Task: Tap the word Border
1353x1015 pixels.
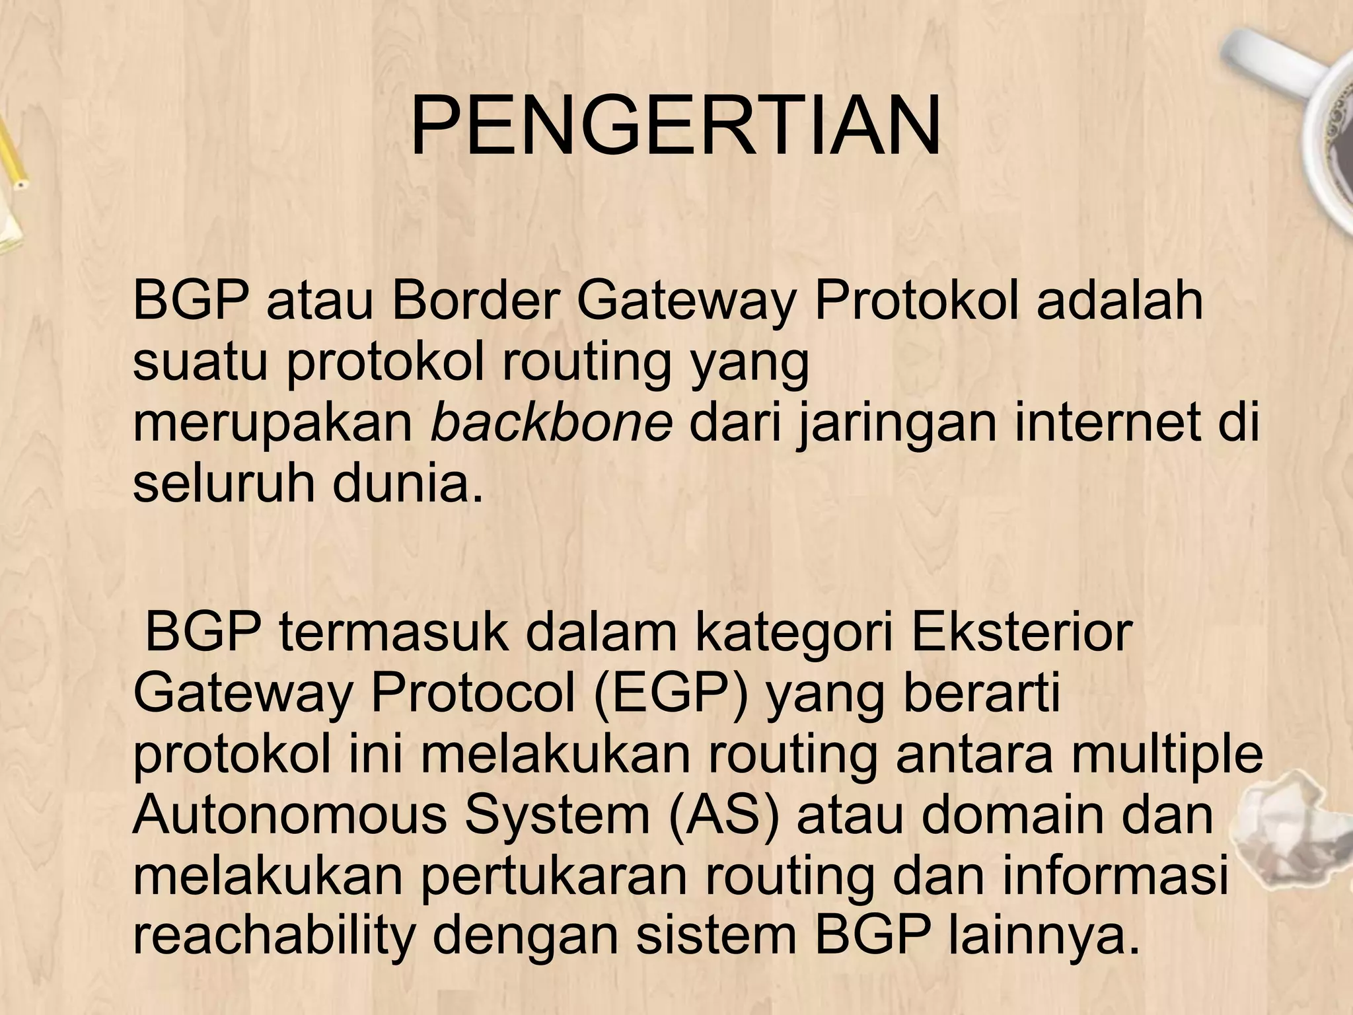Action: tap(472, 301)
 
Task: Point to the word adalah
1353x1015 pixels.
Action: tap(1120, 301)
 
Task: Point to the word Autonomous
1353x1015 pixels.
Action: tap(290, 816)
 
